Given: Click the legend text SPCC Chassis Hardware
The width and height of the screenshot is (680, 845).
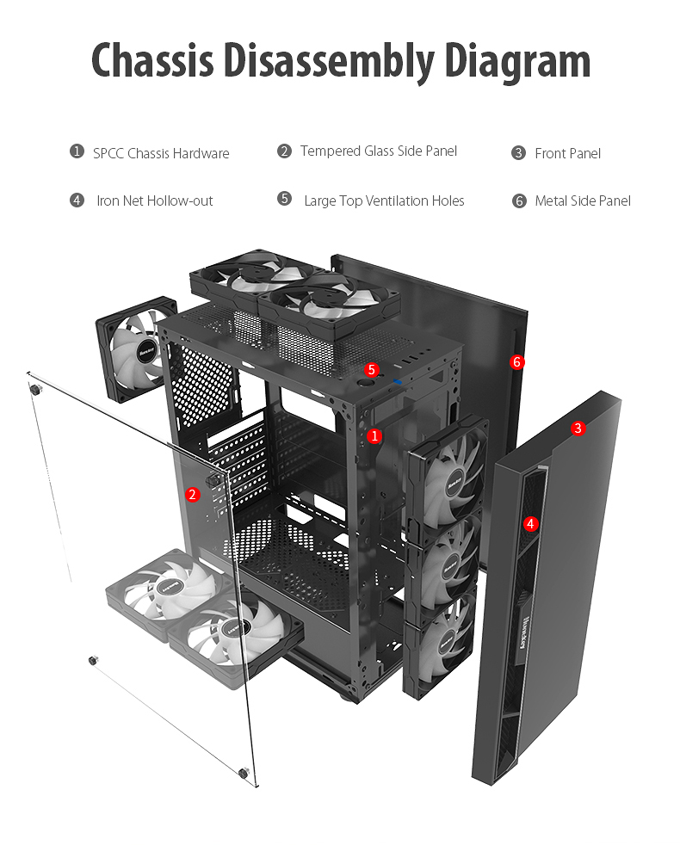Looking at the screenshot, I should click(161, 154).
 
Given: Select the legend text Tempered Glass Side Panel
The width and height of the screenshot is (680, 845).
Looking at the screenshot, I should click(379, 151).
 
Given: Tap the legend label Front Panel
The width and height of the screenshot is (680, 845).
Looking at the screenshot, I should click(567, 153).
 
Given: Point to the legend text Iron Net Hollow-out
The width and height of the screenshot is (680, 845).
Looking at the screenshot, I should click(154, 200).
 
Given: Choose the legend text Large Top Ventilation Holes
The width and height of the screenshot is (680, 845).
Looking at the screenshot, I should click(384, 200).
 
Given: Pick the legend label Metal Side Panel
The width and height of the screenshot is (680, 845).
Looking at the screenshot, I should click(583, 200).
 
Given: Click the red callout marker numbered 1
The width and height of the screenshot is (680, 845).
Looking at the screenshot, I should click(374, 436).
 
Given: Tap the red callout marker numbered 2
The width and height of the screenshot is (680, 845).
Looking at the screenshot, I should click(193, 494).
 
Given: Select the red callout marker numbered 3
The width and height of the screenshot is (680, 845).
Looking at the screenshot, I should click(578, 428).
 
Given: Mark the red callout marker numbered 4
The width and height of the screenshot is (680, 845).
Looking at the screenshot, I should click(530, 522).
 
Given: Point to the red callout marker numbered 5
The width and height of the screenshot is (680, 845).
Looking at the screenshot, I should click(372, 370).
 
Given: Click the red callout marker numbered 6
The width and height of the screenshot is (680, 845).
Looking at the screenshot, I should click(517, 362).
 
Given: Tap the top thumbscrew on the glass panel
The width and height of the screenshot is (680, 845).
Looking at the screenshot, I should click(36, 390).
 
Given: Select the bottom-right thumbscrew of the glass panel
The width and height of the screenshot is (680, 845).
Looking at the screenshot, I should click(244, 772).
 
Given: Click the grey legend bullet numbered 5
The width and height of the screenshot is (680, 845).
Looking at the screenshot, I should click(284, 199).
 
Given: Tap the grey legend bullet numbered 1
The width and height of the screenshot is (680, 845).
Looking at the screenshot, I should click(77, 152).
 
